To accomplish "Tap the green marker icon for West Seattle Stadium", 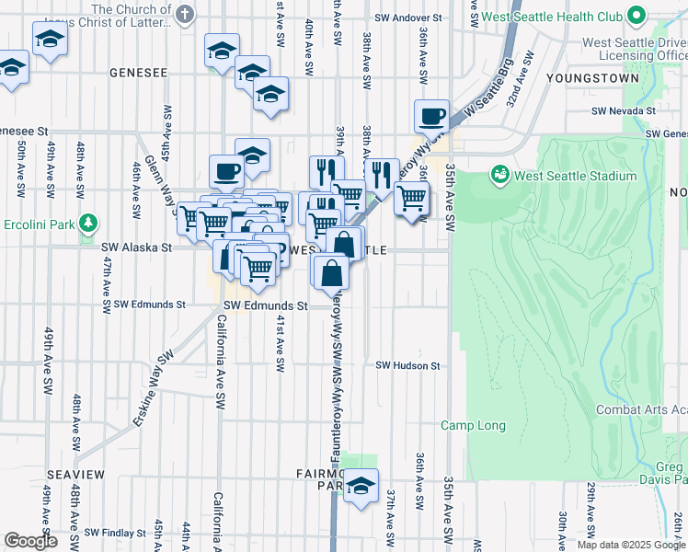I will [x=500, y=172].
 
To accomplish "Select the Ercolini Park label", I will [x=43, y=223].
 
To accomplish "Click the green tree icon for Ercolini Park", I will [x=88, y=223].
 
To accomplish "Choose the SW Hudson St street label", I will [x=407, y=365].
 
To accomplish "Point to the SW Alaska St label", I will [x=136, y=247].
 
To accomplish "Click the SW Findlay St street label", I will [x=115, y=533].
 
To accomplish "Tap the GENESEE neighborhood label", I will [x=138, y=72].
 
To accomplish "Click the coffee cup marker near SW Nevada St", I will [x=431, y=118].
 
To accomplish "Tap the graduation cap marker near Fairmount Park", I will [x=361, y=487].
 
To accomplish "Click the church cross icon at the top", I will [x=185, y=14].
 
